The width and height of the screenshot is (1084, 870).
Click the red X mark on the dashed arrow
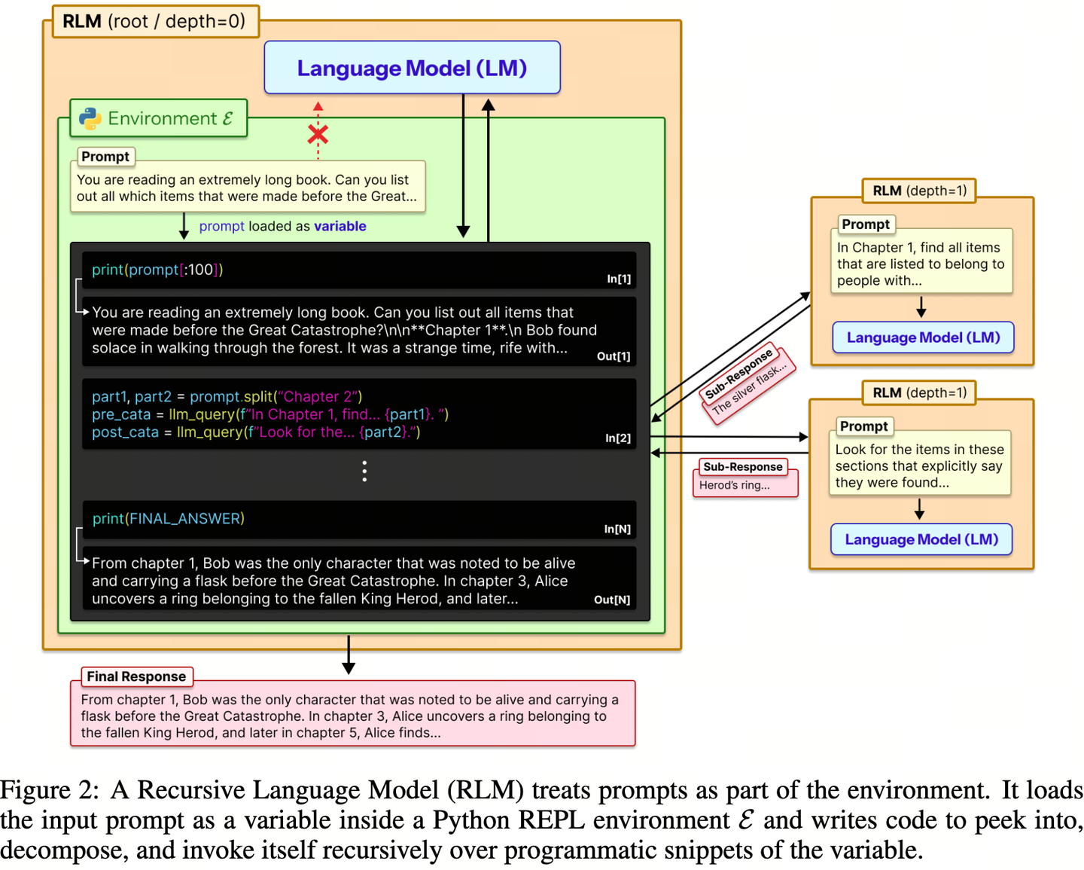coord(318,135)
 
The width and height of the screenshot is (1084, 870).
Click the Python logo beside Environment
coord(90,118)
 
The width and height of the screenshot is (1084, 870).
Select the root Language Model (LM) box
coord(412,68)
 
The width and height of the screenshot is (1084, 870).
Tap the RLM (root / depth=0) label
coord(154,21)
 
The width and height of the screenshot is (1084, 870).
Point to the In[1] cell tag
coord(619,279)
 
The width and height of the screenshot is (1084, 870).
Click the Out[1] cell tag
coord(614,356)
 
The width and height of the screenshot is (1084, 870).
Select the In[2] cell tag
coord(618,438)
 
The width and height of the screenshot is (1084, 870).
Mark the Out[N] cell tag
coord(612,600)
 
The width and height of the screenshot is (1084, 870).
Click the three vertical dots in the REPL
coord(364,472)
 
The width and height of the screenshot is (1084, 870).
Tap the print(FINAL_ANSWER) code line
coord(168,519)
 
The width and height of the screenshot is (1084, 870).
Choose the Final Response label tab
coord(136,676)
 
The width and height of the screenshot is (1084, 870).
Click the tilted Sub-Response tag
coord(738,374)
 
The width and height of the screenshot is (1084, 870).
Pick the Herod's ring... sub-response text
coord(734,486)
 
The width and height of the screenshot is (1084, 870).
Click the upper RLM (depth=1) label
coord(919,191)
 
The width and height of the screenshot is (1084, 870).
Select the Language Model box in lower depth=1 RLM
coord(921,539)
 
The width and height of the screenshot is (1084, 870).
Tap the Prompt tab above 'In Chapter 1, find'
coord(866,224)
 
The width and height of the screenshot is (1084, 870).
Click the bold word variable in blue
coord(340,226)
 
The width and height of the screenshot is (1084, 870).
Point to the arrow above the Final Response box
coord(349,655)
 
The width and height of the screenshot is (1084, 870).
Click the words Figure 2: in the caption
coord(50,790)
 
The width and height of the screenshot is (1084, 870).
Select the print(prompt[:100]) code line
coord(157,270)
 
